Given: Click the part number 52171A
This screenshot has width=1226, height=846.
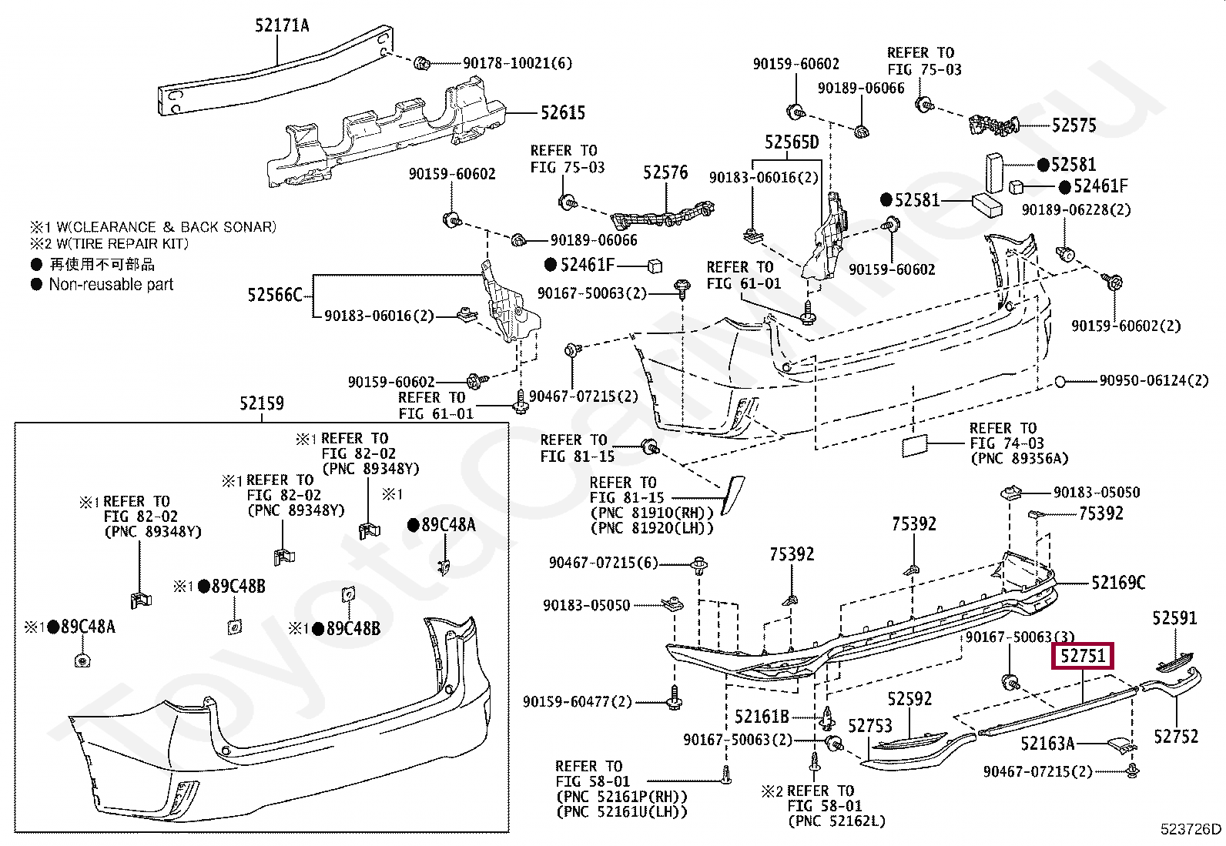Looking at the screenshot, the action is click(282, 25).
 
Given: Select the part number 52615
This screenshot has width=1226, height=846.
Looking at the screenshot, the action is click(563, 112).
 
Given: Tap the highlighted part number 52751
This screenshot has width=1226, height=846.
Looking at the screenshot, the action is click(1083, 656).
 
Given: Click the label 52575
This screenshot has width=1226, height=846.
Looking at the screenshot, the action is click(1074, 125).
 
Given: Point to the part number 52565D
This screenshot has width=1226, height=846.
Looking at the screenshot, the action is click(792, 142).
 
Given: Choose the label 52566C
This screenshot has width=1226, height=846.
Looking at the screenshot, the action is click(275, 295).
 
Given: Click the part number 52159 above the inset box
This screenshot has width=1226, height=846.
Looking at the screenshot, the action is click(262, 403).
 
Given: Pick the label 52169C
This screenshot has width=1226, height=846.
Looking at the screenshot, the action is click(1118, 582).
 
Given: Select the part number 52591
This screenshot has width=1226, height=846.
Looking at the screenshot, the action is click(1174, 618).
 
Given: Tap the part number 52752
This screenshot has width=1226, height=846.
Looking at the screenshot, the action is click(1176, 737).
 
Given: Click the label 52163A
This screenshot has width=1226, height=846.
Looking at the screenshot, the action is click(1047, 744).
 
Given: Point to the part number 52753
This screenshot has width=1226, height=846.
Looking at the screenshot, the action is click(869, 726).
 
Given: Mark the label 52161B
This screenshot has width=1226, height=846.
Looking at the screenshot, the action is click(762, 717).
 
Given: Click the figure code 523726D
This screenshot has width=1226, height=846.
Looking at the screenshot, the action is click(1191, 829).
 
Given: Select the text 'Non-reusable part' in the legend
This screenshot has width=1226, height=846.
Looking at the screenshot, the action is click(111, 285).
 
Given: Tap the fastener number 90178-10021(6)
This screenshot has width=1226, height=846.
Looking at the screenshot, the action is click(518, 63).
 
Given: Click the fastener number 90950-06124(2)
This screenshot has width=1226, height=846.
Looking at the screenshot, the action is click(1154, 380).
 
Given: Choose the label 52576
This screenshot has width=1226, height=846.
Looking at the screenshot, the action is click(665, 173).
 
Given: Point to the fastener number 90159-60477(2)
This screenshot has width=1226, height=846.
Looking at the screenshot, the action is click(577, 701).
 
